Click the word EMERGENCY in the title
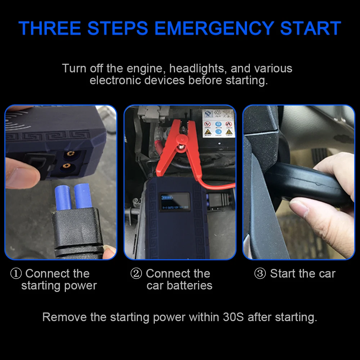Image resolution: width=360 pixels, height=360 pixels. [215, 28]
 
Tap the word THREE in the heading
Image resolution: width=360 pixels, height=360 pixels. [50, 28]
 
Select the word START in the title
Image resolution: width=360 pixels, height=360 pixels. [311, 28]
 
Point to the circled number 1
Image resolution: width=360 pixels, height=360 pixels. [16, 274]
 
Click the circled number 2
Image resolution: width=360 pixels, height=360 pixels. [136, 274]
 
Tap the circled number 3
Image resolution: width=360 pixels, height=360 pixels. [260, 274]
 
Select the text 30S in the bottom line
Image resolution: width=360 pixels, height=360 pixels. [233, 317]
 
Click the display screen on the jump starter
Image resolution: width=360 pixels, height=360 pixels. [175, 201]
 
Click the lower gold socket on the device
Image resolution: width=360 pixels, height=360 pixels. [67, 166]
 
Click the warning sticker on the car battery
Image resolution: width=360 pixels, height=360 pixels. [218, 123]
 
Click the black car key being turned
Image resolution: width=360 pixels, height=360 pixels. [308, 184]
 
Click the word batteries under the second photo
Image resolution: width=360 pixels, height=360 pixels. [190, 285]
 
